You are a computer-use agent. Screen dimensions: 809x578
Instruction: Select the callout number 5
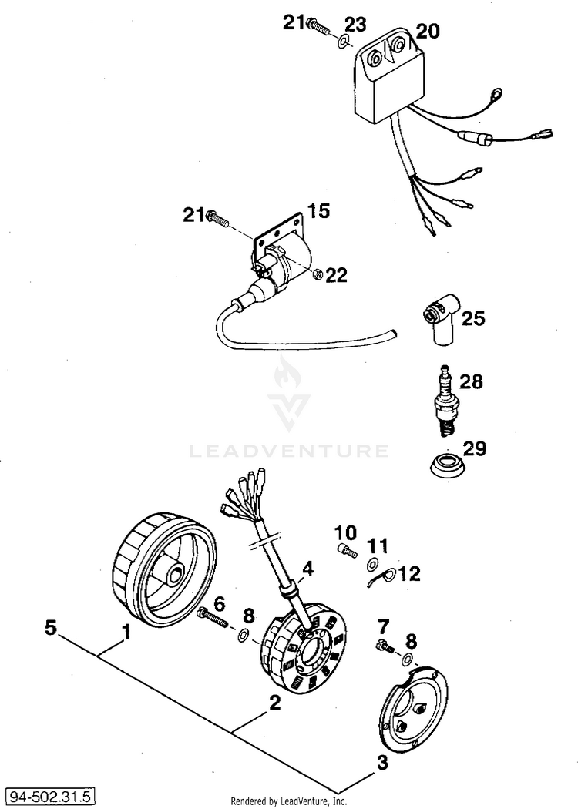51,628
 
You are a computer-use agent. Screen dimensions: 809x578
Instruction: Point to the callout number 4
307,569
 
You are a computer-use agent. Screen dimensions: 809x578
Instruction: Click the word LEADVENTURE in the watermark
289,450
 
